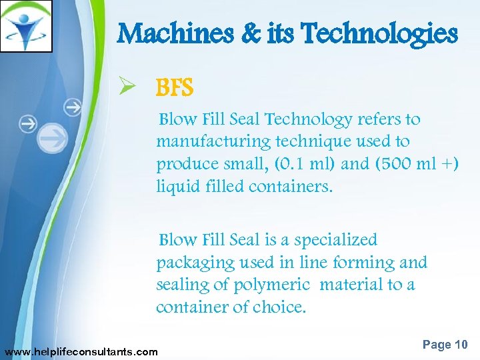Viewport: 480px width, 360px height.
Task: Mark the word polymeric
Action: click(272, 285)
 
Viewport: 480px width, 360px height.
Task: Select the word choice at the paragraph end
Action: click(279, 308)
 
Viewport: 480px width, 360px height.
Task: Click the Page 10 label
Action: click(445, 345)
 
